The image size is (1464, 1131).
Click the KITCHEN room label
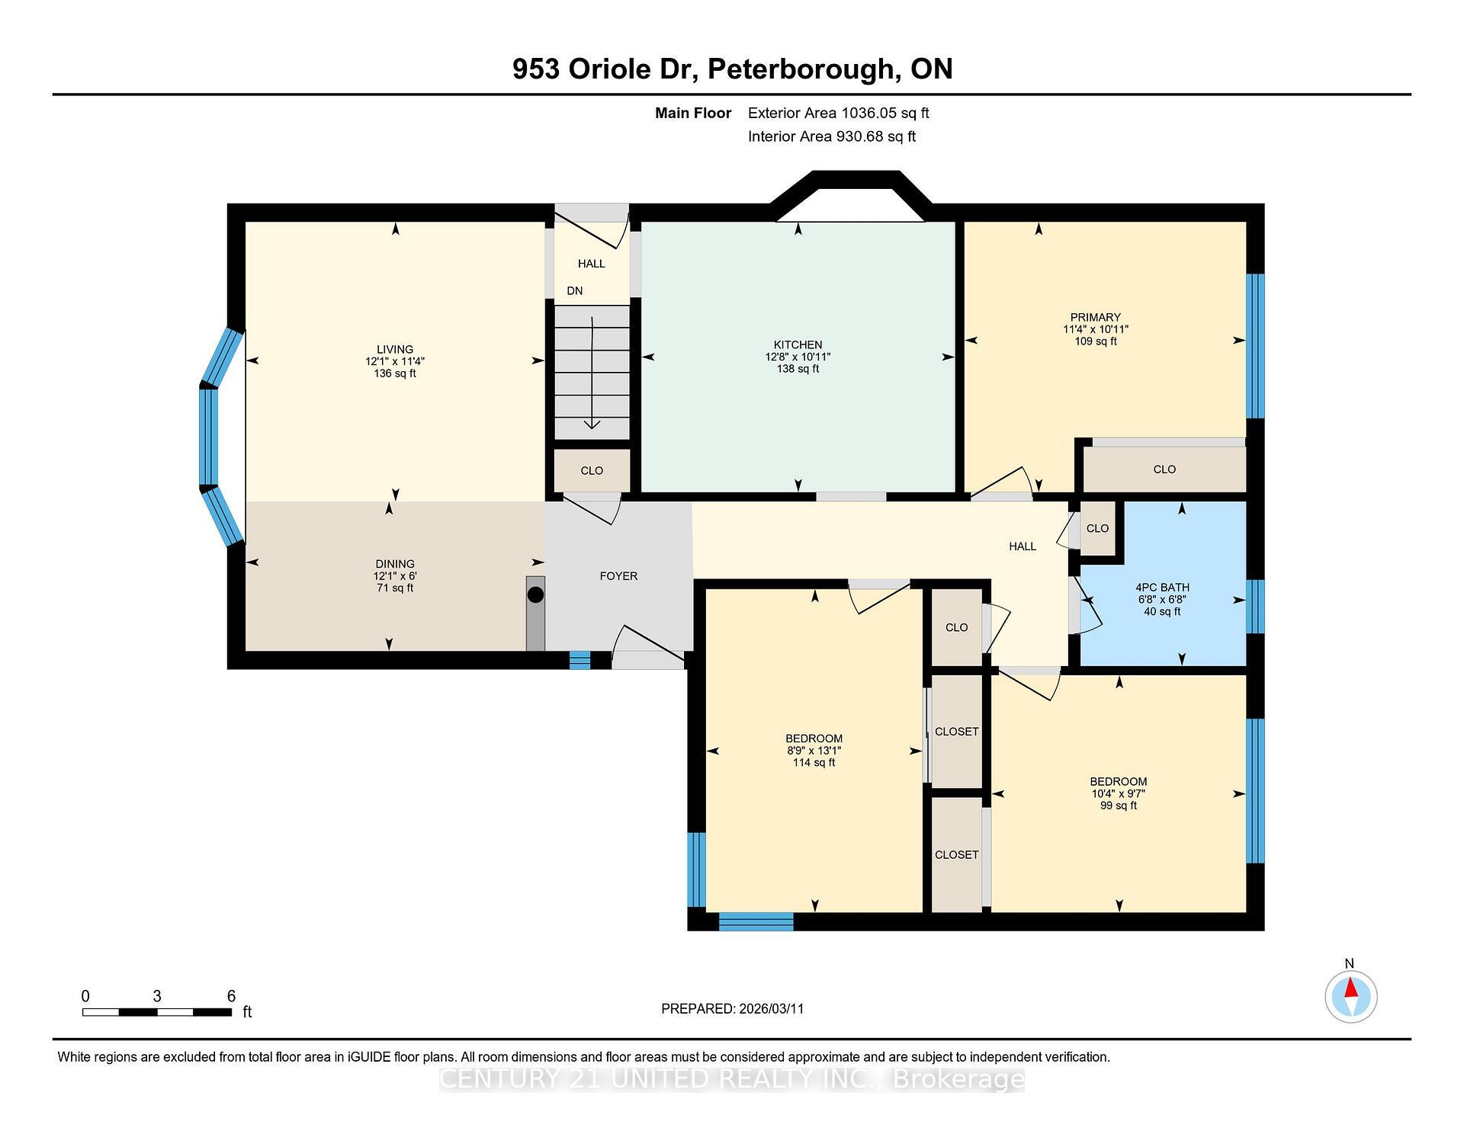tap(798, 344)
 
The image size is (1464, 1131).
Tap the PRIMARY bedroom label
tap(1095, 317)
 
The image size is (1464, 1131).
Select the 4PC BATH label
tap(1162, 587)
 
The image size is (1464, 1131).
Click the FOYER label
tap(618, 576)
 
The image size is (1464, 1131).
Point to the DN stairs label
tap(574, 290)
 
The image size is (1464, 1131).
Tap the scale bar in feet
tap(157, 1012)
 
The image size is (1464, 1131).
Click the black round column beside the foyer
tap(536, 594)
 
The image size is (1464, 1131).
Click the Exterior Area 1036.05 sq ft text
tap(838, 113)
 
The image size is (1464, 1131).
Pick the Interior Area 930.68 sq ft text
tap(831, 136)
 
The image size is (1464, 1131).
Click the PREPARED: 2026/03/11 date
tap(732, 1008)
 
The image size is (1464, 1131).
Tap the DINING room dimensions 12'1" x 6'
tap(395, 576)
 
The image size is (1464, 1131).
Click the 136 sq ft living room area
tap(395, 373)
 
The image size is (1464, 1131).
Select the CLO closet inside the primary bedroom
tap(1164, 469)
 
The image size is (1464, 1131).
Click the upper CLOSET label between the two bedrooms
tap(956, 732)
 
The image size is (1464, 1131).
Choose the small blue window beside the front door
tap(580, 660)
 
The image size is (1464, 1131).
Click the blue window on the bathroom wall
tap(1254, 607)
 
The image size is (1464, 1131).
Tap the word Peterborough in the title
tap(801, 69)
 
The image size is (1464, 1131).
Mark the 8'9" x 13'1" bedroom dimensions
tap(814, 751)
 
